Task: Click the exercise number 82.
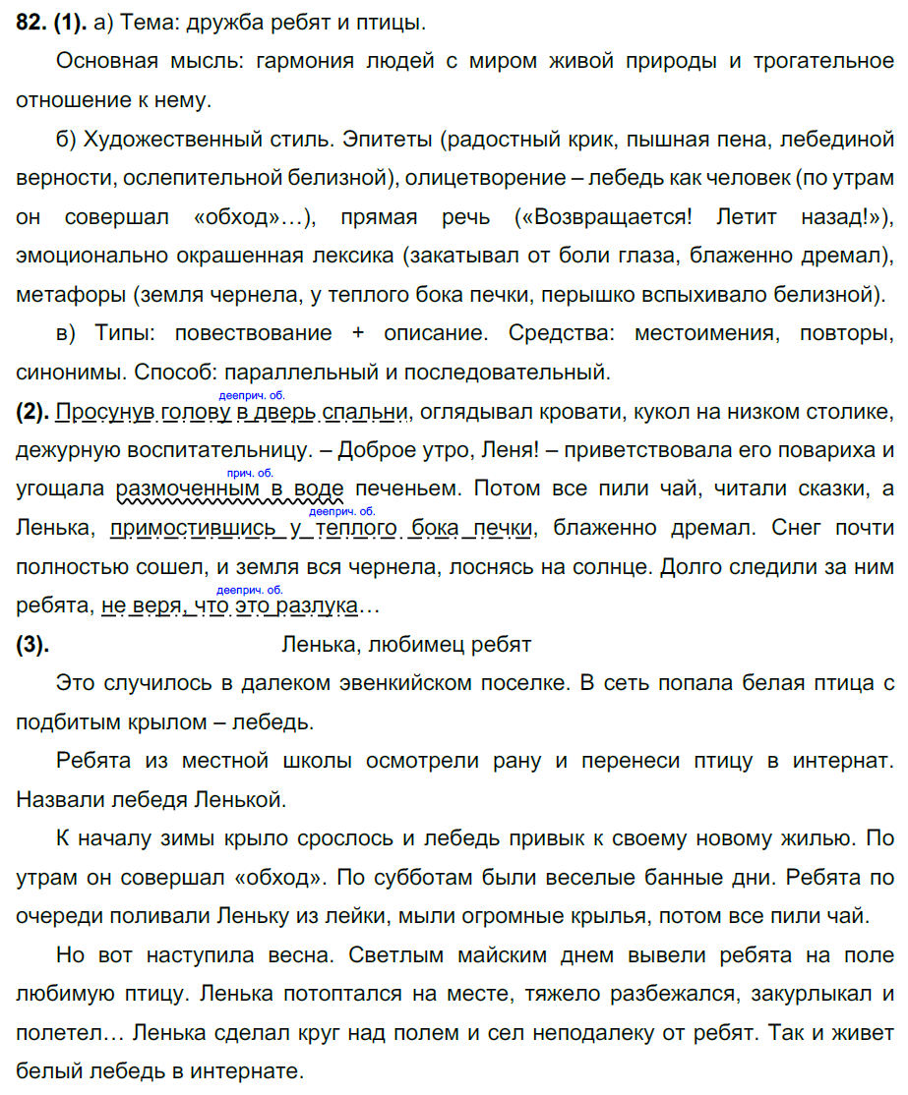31,22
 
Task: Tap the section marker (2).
32,413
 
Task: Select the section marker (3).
32,645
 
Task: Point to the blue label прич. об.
248,474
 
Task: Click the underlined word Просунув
101,413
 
